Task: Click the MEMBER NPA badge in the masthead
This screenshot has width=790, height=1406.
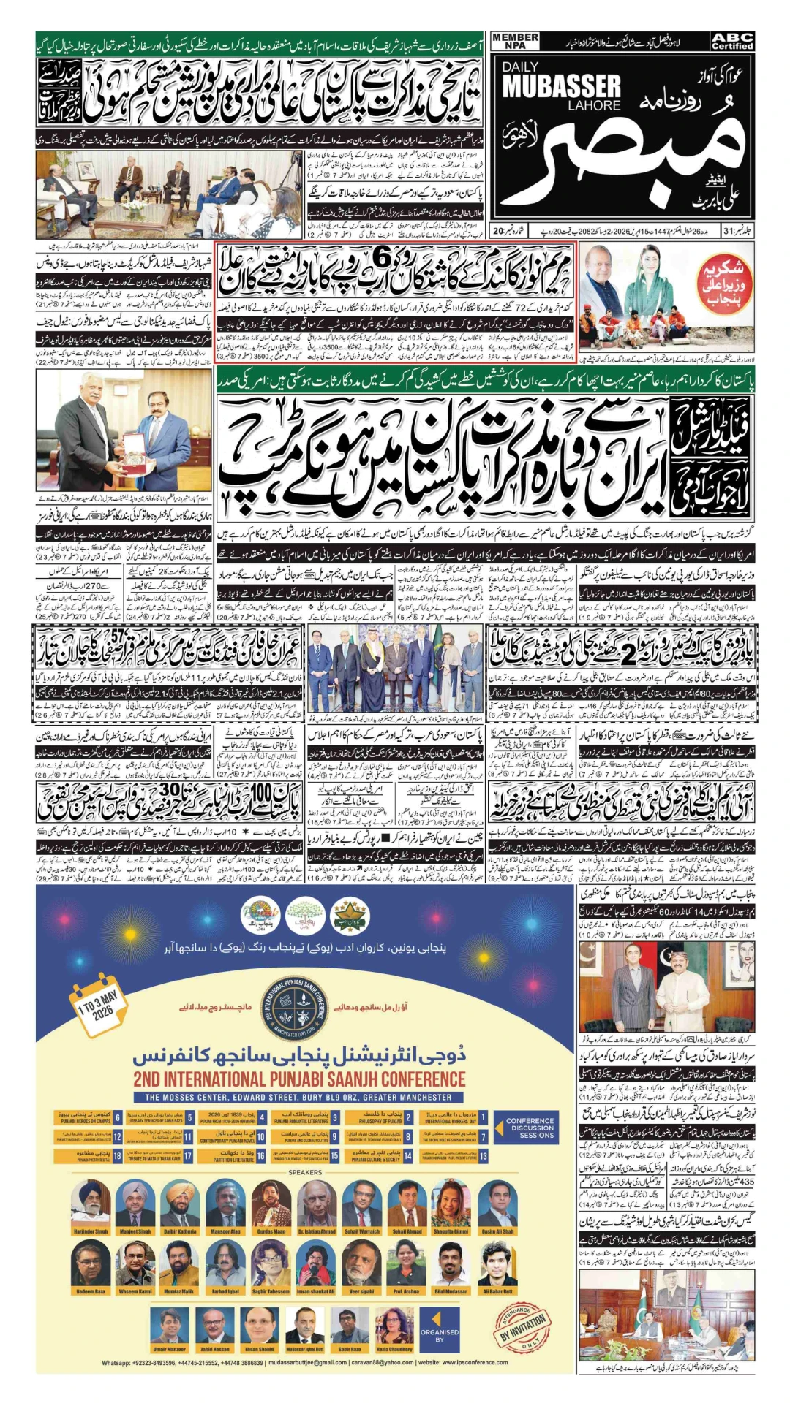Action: pos(515,42)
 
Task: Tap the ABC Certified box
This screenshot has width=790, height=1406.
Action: pos(732,42)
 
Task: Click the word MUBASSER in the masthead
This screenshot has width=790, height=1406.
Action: pos(561,87)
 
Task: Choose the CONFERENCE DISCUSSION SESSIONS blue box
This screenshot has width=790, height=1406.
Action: pos(530,1128)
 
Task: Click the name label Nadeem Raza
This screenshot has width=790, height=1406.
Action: pos(91,1291)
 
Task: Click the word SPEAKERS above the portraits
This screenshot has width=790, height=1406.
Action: pos(305,1172)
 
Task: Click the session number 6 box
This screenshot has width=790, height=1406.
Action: pos(118,1118)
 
